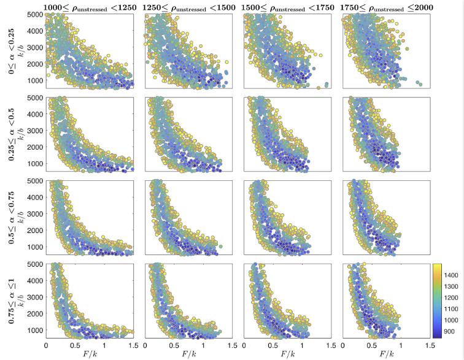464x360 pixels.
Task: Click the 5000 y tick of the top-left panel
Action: (34, 13)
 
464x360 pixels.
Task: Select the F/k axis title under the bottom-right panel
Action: (387, 354)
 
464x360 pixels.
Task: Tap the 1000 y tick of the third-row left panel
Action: (34, 247)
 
